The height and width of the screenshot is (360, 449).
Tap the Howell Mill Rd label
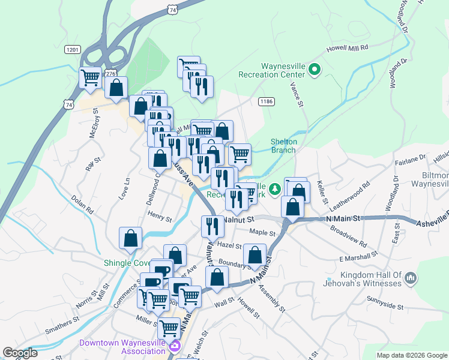(346, 47)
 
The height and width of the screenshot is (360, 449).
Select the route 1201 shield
(73, 49)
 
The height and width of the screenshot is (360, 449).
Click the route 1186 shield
(267, 101)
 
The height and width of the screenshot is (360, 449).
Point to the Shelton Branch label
(283, 146)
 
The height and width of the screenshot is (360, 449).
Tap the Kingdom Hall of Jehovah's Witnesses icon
(411, 278)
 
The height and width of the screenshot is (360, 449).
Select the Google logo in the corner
(20, 353)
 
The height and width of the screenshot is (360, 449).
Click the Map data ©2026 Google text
(411, 355)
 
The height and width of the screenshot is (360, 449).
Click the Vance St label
(296, 95)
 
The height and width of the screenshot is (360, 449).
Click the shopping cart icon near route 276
(90, 77)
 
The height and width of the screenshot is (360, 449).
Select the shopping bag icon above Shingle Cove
(130, 238)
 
